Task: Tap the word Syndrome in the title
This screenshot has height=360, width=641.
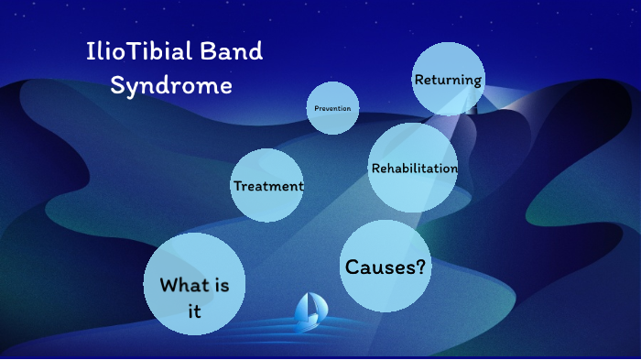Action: [x=171, y=86]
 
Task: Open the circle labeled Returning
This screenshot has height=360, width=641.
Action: [x=448, y=80]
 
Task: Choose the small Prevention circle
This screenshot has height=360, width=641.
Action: [x=331, y=108]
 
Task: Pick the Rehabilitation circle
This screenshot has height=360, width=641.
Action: [x=414, y=169]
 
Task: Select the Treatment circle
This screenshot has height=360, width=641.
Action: [x=267, y=186]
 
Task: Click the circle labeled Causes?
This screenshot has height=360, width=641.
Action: [x=386, y=267]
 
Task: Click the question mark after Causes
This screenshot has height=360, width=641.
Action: [x=420, y=267]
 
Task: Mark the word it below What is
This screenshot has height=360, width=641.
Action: [x=194, y=311]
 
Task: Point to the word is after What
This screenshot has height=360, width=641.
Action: [x=223, y=285]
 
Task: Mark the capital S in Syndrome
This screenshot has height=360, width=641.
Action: [x=118, y=86]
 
